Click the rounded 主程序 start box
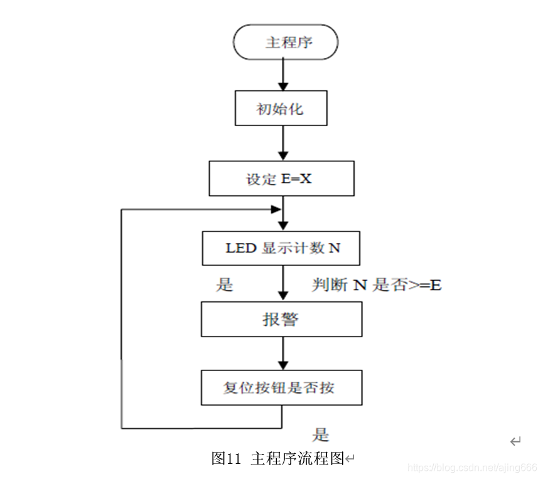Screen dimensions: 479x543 click(285, 43)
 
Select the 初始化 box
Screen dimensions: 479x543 click(281, 109)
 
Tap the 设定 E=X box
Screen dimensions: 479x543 click(281, 179)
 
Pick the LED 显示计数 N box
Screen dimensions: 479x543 click(281, 248)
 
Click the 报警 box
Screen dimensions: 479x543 click(281, 320)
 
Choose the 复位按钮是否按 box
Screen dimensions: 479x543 click(281, 387)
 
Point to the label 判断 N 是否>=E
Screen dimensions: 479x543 click(377, 285)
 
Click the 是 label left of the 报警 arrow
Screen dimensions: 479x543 click(224, 285)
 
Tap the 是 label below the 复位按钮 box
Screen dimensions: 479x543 click(321, 434)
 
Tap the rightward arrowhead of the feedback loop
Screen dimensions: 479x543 click(275, 210)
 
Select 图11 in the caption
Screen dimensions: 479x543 click(227, 458)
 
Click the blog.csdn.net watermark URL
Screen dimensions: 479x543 click(472, 468)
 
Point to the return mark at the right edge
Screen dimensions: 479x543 click(515, 441)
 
